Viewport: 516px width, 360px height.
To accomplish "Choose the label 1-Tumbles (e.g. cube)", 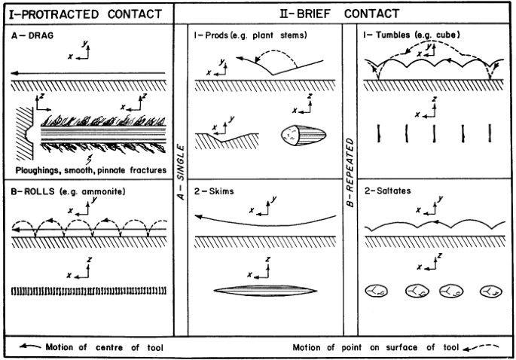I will click(x=412, y=35).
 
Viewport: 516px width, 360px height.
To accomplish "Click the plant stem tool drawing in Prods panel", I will click(x=303, y=136).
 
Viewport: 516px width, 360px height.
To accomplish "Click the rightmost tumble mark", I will click(x=491, y=133).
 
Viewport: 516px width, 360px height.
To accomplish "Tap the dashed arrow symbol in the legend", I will click(x=482, y=347).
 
